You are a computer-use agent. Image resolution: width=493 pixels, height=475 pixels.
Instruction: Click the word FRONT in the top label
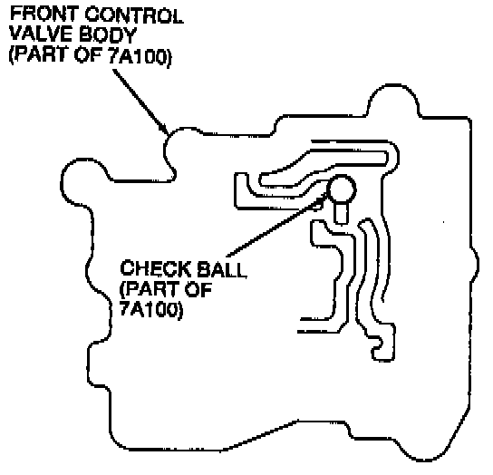(44, 15)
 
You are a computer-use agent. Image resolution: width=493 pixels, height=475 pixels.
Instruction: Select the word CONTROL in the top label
(134, 15)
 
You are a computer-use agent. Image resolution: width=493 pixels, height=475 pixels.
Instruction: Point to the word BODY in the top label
(108, 34)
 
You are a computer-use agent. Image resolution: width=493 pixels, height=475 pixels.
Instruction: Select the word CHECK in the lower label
(154, 268)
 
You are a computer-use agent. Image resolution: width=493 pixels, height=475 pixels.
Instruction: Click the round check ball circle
(342, 189)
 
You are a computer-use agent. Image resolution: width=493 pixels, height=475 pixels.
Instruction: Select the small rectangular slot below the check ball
(340, 213)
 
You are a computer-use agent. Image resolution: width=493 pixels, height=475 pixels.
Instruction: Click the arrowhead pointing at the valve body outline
(164, 129)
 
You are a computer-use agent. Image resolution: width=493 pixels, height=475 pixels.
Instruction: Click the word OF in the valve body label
(88, 55)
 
